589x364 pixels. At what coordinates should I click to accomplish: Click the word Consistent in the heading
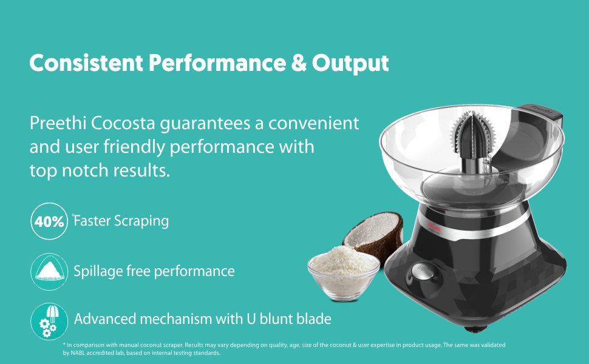click(x=86, y=62)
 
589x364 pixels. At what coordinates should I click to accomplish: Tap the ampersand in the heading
click(x=299, y=62)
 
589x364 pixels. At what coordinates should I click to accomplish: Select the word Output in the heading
click(x=350, y=64)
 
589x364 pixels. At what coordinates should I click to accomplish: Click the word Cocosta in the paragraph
click(x=123, y=123)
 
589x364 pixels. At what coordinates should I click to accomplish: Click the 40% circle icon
click(x=49, y=221)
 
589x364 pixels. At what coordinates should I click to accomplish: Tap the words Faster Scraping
click(x=121, y=221)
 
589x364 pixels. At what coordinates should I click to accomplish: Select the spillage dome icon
click(x=49, y=271)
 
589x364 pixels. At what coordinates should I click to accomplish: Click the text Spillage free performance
click(x=154, y=271)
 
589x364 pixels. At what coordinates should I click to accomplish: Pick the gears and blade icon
click(x=49, y=322)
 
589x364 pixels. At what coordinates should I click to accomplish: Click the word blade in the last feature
click(x=314, y=318)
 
